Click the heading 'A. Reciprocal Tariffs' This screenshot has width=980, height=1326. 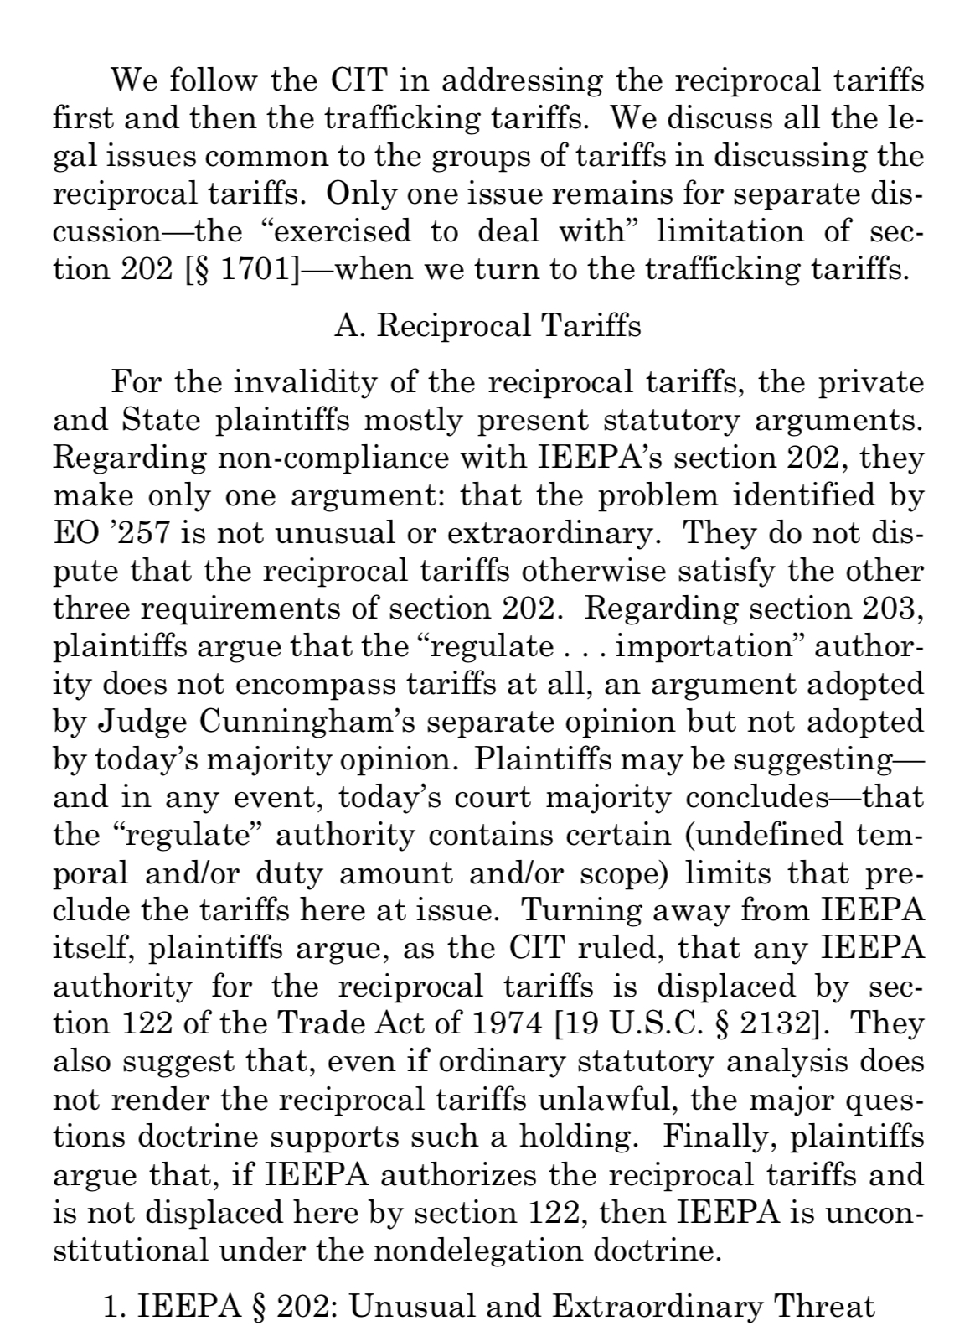[x=488, y=325]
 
